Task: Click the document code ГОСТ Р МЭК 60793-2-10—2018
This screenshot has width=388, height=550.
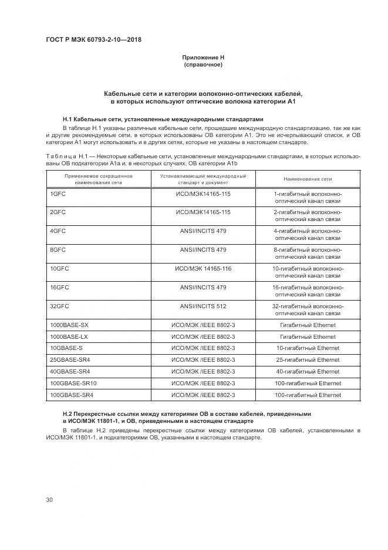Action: (x=94, y=39)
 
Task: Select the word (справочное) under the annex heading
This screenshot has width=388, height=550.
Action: (x=203, y=64)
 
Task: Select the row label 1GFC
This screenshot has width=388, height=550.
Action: (x=58, y=194)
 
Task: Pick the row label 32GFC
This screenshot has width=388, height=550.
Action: (x=60, y=306)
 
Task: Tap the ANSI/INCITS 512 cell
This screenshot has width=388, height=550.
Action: (x=203, y=306)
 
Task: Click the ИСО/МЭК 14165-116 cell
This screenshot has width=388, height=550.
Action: (x=203, y=269)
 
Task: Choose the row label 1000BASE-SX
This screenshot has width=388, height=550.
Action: (x=69, y=325)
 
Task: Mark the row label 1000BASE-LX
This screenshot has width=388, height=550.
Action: (x=69, y=337)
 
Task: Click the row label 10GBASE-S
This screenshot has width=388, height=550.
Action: (x=66, y=348)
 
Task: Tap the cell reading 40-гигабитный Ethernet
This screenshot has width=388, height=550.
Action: (x=308, y=372)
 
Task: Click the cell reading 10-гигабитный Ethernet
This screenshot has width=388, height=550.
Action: (x=308, y=348)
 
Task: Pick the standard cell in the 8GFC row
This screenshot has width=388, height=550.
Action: (x=203, y=250)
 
